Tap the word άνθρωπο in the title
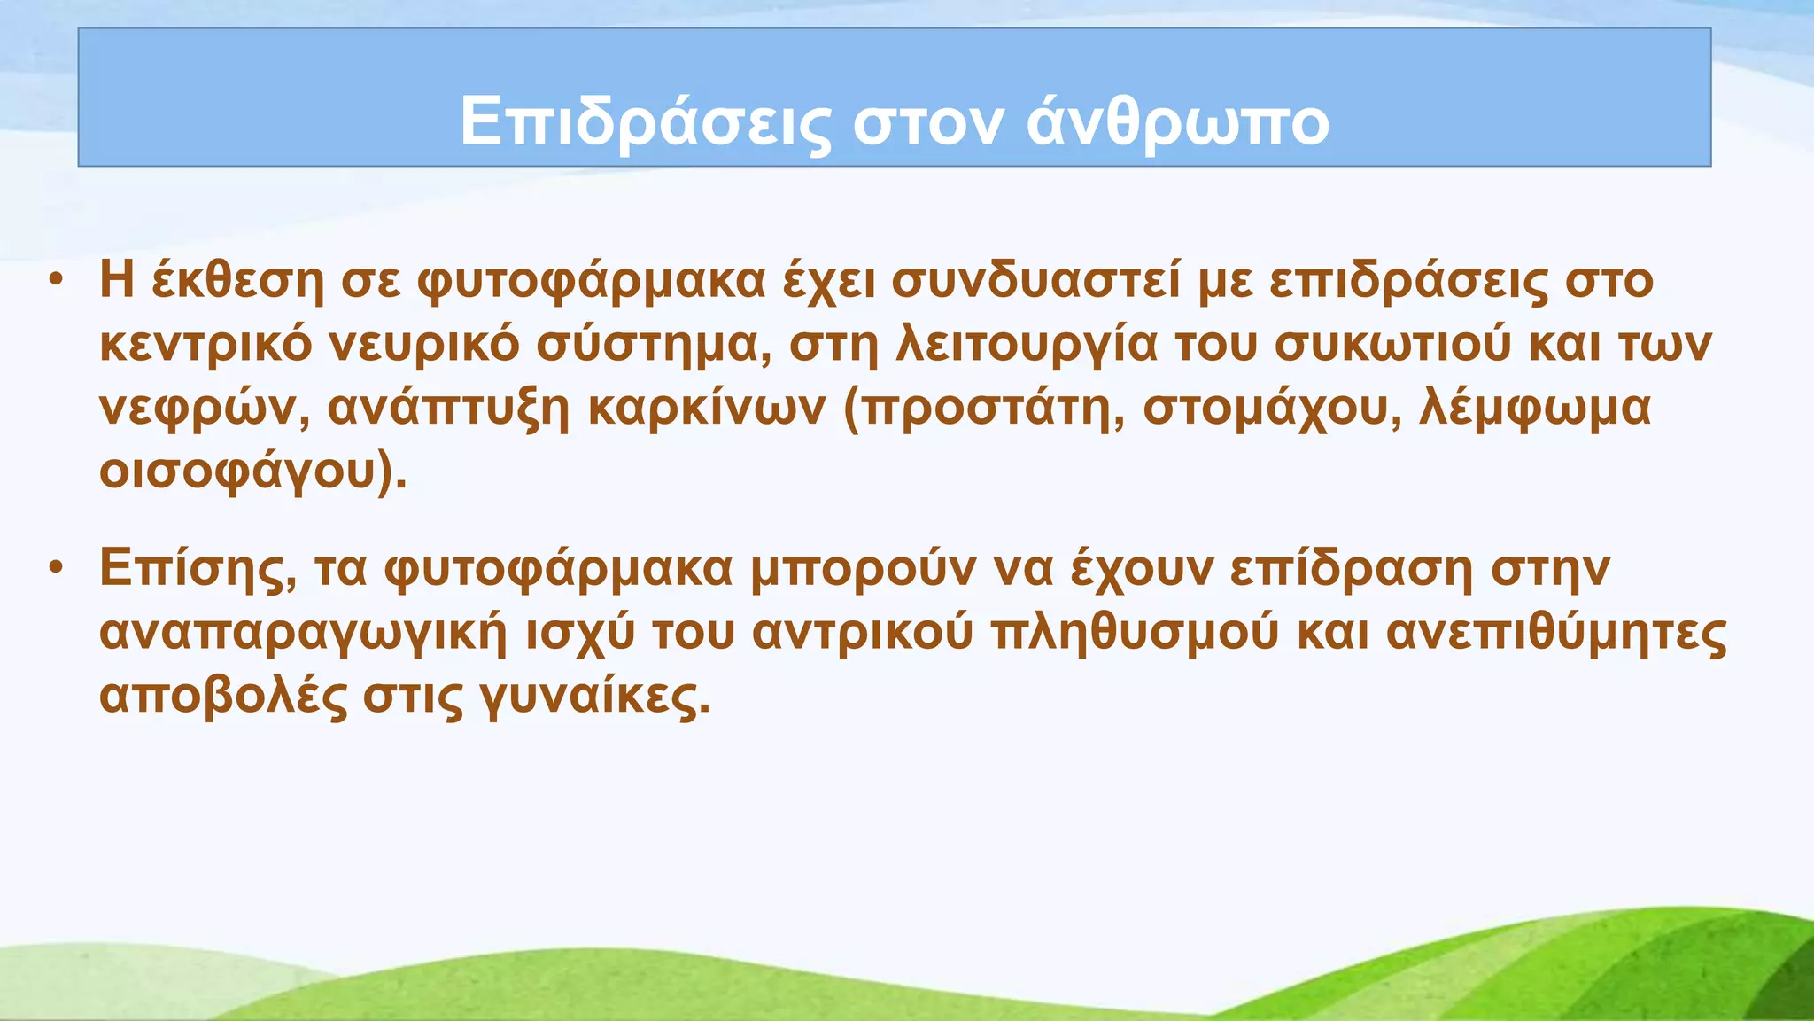click(x=1178, y=123)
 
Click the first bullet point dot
click(x=56, y=280)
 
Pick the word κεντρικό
click(x=205, y=346)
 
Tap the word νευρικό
click(x=424, y=346)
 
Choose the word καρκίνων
click(x=706, y=409)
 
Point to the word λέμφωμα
click(x=1535, y=409)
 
